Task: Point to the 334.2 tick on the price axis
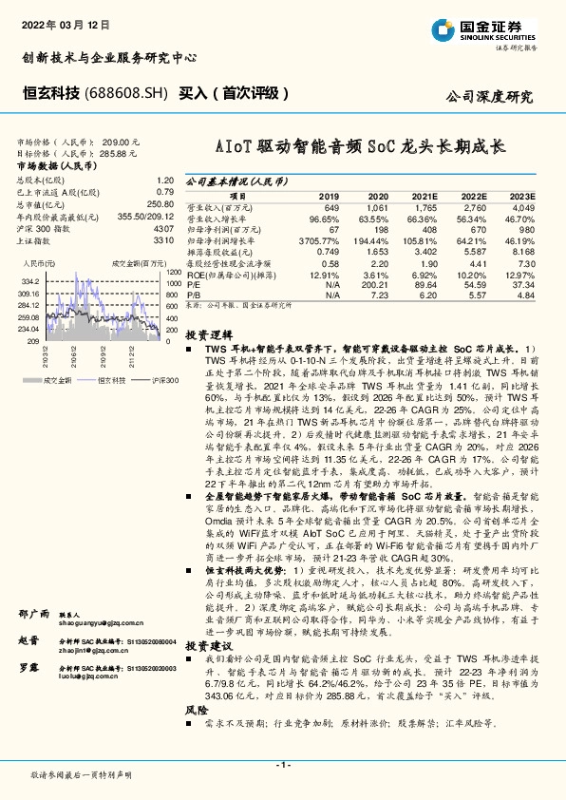tap(29, 281)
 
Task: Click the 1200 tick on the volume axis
tap(173, 272)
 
